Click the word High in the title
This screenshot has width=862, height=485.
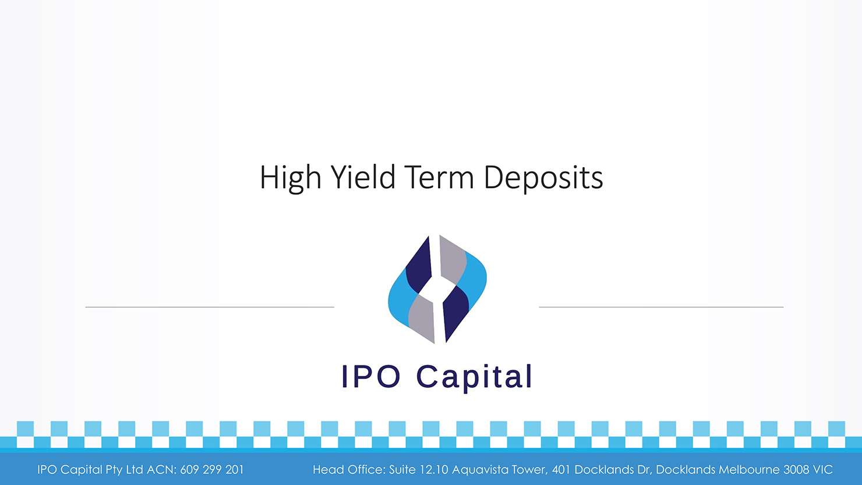(290, 178)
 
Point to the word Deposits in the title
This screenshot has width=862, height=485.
(543, 178)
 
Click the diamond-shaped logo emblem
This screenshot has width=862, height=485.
(437, 289)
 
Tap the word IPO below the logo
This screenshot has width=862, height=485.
(371, 377)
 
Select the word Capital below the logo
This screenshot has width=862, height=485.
(474, 377)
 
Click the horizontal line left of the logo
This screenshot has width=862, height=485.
(210, 307)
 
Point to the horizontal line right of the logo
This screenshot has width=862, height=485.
(661, 307)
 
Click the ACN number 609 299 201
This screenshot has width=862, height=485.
(212, 470)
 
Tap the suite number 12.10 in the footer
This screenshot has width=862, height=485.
(434, 470)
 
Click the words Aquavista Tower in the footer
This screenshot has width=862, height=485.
(500, 470)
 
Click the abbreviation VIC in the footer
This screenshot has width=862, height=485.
(823, 470)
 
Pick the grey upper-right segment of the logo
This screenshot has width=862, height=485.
(453, 259)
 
